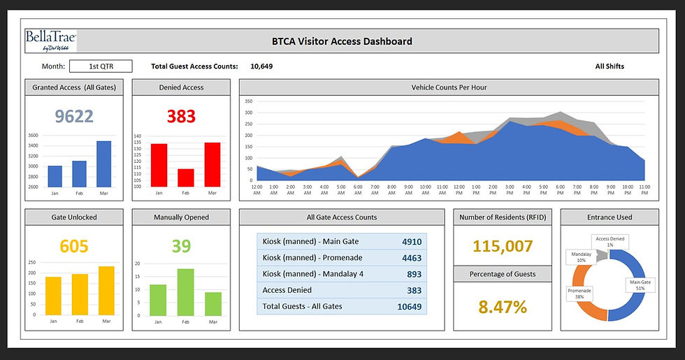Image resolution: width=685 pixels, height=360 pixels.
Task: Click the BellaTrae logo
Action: point(50,41)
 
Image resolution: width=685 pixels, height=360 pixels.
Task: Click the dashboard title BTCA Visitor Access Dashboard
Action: point(342,41)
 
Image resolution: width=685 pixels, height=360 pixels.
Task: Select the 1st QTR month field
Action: point(101,66)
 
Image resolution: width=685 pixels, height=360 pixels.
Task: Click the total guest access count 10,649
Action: point(261,66)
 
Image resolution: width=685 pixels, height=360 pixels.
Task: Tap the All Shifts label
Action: point(610,66)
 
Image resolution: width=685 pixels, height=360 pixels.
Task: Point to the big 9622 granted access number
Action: point(74,116)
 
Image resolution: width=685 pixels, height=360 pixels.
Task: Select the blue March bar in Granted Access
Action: point(103,164)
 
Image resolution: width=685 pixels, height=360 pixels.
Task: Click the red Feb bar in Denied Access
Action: point(185,178)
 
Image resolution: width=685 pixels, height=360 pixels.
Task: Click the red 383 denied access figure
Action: point(181,116)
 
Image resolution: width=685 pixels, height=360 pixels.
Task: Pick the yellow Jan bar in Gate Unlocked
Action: point(53,296)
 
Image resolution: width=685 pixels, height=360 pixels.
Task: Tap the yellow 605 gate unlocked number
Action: point(74,246)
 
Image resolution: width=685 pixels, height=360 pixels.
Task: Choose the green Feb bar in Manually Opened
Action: point(185,292)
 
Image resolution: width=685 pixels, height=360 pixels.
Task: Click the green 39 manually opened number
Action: point(181,246)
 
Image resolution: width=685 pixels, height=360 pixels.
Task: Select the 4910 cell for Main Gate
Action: point(412,242)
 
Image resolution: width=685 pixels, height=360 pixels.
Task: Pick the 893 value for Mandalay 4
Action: point(414,273)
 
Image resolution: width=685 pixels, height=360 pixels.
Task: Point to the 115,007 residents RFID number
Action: point(503,246)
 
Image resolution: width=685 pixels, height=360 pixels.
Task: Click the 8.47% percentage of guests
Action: point(503,306)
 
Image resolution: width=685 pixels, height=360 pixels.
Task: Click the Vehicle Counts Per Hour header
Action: point(449,87)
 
